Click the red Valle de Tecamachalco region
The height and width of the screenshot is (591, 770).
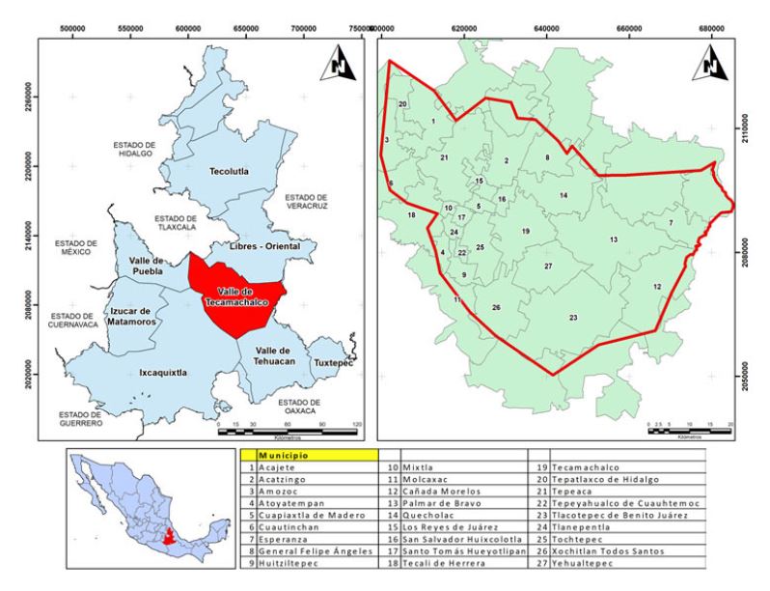pyautogui.click(x=235, y=295)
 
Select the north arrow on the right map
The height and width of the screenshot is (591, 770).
pyautogui.click(x=710, y=64)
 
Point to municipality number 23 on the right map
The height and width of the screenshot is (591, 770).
pyautogui.click(x=572, y=318)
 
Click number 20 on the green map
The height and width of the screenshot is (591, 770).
pyautogui.click(x=402, y=103)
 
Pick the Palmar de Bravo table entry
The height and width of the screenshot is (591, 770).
pyautogui.click(x=440, y=503)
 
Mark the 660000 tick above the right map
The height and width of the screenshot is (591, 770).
pyautogui.click(x=638, y=30)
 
